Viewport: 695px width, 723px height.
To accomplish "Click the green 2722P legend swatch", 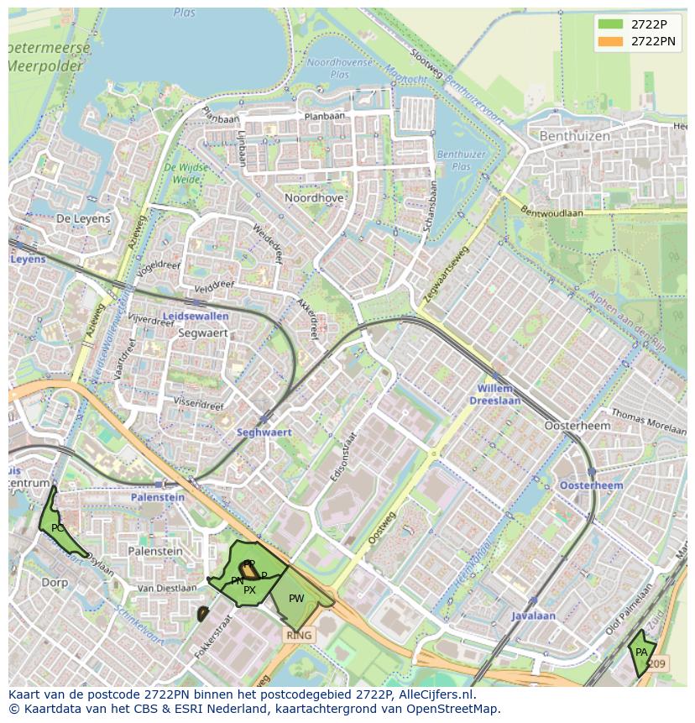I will click(611, 24).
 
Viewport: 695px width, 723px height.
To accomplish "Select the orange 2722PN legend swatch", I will click(611, 41).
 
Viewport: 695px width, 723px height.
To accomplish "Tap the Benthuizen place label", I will click(575, 135).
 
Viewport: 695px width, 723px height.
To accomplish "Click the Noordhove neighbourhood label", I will click(314, 198).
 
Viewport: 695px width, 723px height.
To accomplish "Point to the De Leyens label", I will click(83, 218).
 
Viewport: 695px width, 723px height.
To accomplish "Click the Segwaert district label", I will click(203, 333).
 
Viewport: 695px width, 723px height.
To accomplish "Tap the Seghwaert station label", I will click(264, 432).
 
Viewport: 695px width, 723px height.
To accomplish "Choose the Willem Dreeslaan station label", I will click(499, 395).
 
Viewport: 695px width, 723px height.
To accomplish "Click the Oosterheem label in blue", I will click(591, 485).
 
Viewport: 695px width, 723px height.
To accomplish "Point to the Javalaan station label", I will click(533, 616).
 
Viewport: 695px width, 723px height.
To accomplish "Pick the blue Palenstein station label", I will click(157, 497).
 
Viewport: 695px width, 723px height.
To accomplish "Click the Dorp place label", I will click(55, 582).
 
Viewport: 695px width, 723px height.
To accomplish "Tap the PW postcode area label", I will click(296, 599).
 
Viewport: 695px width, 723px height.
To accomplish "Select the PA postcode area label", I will click(641, 652).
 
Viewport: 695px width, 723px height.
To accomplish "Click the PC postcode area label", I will click(57, 528).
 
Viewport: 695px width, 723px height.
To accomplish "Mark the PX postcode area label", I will click(249, 590).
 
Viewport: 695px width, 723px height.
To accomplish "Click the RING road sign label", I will click(299, 636).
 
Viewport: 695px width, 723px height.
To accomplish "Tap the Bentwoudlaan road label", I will click(551, 212).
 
